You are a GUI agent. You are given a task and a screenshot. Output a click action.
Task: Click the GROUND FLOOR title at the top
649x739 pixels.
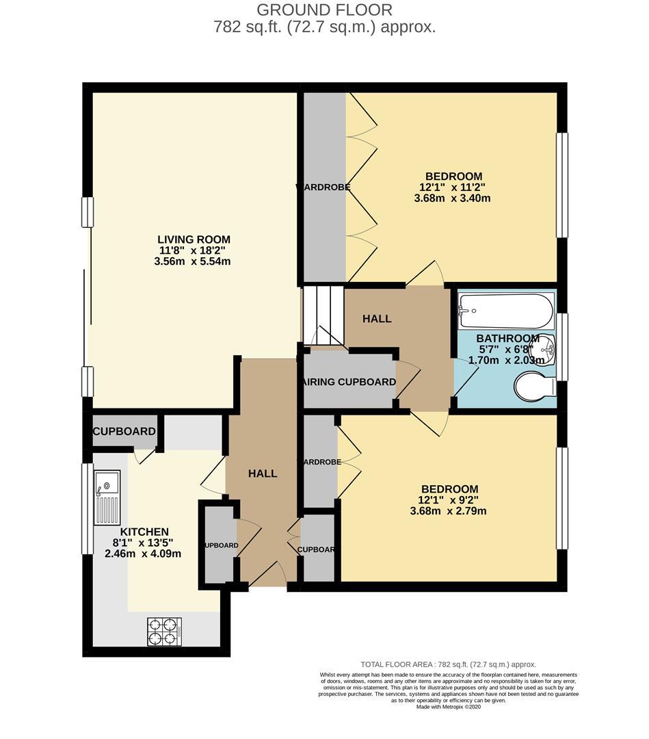324,10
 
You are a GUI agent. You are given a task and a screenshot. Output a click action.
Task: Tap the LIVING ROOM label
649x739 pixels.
194,239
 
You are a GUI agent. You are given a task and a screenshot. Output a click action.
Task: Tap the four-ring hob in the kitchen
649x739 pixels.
164,632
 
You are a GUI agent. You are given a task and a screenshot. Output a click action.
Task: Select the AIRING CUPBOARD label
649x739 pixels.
349,382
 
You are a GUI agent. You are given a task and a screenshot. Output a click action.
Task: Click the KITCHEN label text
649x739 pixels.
144,532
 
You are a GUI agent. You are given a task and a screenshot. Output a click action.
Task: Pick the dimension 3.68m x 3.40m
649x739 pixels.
452,198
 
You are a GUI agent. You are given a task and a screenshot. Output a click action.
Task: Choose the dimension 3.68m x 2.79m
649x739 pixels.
449,510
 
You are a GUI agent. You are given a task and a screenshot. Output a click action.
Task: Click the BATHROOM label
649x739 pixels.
507,339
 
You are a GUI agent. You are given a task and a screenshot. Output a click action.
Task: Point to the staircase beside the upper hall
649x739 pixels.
323,315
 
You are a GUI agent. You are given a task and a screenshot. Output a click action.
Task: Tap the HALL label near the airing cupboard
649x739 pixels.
377,319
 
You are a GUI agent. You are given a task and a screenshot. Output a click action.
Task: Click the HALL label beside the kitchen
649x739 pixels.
263,474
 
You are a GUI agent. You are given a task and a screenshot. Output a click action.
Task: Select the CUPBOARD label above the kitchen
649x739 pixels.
124,432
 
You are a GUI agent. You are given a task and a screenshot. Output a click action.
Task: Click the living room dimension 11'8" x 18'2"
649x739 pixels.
194,250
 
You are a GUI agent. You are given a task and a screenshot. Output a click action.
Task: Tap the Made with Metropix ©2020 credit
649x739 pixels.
449,708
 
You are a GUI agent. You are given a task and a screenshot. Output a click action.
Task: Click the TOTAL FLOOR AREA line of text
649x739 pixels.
448,664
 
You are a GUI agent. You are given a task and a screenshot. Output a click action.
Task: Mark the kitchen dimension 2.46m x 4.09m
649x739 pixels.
143,554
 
